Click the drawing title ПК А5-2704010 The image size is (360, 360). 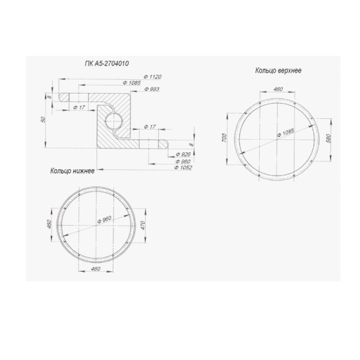coord(107,64)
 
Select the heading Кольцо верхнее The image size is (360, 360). coord(278,70)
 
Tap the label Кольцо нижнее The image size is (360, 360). coord(73,171)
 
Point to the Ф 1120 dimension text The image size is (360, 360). coord(152,77)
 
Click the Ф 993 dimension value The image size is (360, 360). coord(152,89)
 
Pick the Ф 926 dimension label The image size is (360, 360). coord(183,154)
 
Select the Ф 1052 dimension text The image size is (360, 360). coord(183,167)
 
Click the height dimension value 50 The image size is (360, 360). coord(43,119)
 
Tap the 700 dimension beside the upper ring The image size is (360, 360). coord(224,138)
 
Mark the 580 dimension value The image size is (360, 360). coord(329,138)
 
